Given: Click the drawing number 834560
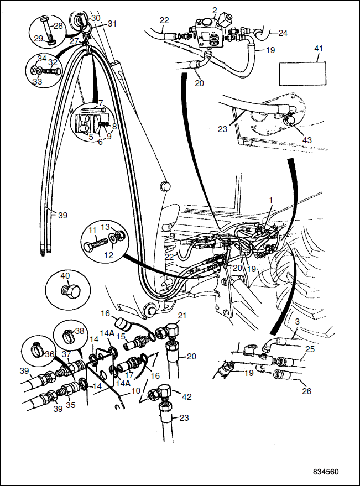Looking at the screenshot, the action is pyautogui.click(x=326, y=472).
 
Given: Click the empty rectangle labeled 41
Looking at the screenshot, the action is pyautogui.click(x=302, y=74).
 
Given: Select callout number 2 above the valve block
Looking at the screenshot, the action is pyautogui.click(x=215, y=11).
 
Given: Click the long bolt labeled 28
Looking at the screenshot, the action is pyautogui.click(x=47, y=30).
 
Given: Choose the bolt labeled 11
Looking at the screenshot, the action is pyautogui.click(x=96, y=243).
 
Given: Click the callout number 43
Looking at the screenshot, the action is pyautogui.click(x=307, y=140).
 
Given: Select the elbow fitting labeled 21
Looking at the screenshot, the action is pyautogui.click(x=169, y=332).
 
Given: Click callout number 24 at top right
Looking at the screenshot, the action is pyautogui.click(x=283, y=33).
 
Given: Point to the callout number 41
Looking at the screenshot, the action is pyautogui.click(x=319, y=49).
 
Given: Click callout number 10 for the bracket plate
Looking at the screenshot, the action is pyautogui.click(x=136, y=391).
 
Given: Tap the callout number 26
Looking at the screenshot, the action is pyautogui.click(x=306, y=391).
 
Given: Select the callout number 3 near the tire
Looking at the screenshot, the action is pyautogui.click(x=298, y=322).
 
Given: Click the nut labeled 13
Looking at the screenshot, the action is pyautogui.click(x=121, y=234).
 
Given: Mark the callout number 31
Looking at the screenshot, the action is pyautogui.click(x=112, y=24).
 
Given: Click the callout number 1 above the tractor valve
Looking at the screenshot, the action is pyautogui.click(x=271, y=200).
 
